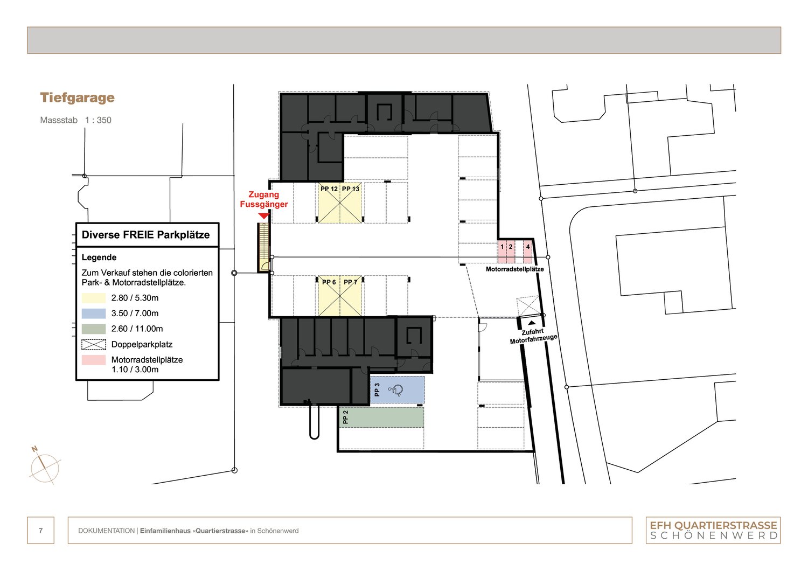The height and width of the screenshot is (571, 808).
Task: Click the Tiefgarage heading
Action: [77, 98]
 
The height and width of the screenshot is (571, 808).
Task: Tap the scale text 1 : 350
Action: [98, 120]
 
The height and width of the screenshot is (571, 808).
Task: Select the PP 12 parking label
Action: [329, 189]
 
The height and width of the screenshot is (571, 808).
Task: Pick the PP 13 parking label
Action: [351, 189]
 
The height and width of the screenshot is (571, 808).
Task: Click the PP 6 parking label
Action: [329, 282]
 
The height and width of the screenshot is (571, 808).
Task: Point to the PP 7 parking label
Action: [351, 282]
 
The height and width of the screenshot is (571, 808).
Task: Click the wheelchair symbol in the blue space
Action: [397, 391]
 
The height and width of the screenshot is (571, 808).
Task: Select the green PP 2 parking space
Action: [382, 417]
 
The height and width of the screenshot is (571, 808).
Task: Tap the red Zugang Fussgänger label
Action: [264, 199]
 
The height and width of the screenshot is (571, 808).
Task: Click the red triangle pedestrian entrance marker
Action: [263, 216]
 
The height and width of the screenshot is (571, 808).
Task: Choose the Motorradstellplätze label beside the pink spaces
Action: [514, 269]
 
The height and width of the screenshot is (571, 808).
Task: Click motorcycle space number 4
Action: [528, 247]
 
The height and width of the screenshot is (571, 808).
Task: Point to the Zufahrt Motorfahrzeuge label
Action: [533, 336]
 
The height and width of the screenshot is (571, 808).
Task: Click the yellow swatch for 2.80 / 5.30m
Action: [94, 298]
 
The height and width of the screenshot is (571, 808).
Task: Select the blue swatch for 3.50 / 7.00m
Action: [94, 314]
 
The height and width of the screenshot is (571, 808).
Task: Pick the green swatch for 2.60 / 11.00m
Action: [94, 329]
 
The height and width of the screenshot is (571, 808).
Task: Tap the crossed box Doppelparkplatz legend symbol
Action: [94, 344]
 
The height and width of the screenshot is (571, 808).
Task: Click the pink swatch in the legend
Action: [94, 360]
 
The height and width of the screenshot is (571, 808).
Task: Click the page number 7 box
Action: [41, 531]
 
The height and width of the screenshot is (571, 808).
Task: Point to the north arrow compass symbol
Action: [44, 466]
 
